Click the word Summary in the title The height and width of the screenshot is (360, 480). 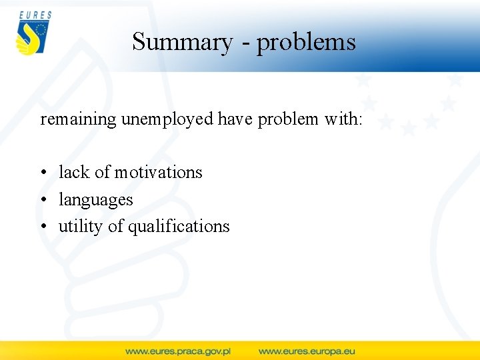(182, 42)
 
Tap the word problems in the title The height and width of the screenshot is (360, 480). (307, 43)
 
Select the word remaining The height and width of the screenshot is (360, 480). (79, 119)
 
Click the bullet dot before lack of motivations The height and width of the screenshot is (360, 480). (43, 173)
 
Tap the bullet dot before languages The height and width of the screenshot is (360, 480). (43, 200)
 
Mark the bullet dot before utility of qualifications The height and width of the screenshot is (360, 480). (43, 227)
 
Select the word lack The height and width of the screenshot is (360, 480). (73, 172)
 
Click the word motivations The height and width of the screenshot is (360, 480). (158, 172)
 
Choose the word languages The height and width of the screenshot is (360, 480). (96, 200)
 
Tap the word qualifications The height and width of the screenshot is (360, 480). (179, 227)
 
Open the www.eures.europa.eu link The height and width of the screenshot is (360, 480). (307, 351)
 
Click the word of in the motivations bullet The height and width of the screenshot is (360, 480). (102, 172)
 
